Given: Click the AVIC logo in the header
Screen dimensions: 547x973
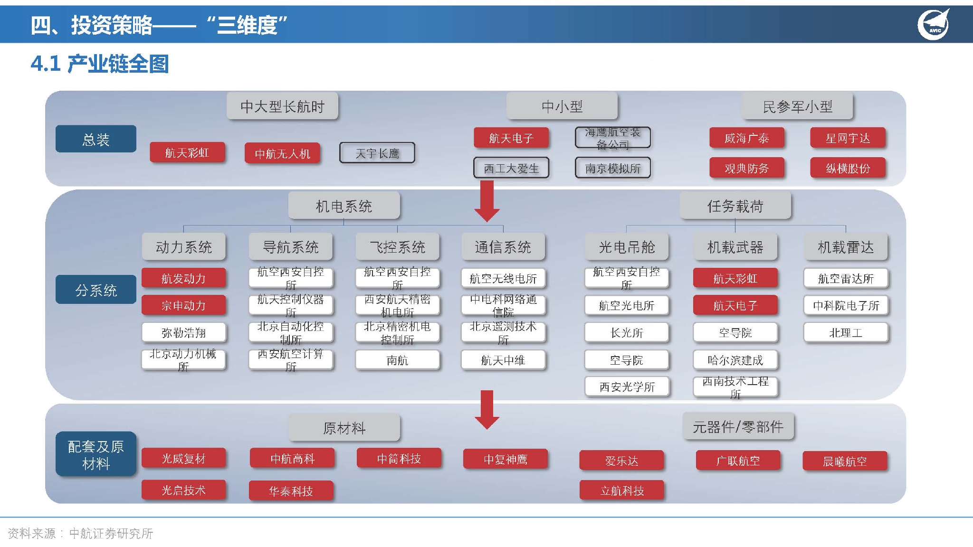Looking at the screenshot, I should [x=933, y=24].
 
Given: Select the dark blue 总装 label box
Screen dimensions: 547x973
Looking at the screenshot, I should [x=96, y=139].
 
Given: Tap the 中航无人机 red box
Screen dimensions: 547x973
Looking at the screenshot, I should [x=282, y=153].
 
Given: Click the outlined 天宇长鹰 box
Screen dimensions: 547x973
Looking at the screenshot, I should [x=377, y=153].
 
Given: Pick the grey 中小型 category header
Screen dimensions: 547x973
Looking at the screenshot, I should [x=562, y=106].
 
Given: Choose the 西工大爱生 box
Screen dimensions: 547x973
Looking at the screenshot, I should [x=511, y=168].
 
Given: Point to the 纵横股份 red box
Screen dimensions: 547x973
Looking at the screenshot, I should [x=848, y=168].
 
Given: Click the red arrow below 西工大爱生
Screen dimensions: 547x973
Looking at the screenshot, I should [x=487, y=202].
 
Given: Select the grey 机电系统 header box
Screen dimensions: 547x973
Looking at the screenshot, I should [x=344, y=206].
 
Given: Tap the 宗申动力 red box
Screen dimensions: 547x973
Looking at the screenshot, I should [x=183, y=305].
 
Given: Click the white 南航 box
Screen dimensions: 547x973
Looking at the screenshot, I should [x=397, y=360].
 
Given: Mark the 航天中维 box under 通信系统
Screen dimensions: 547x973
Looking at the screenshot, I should [x=503, y=360].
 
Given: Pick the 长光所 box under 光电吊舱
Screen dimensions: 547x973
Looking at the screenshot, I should [x=627, y=333].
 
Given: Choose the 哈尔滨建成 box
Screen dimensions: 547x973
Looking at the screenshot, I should [x=735, y=360].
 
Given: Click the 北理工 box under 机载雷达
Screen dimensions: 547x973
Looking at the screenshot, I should [x=846, y=333].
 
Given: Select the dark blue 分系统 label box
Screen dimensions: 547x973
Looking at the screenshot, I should [x=96, y=290].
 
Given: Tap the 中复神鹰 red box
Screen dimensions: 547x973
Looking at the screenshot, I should [x=506, y=459].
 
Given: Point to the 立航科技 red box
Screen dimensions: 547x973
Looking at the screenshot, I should [x=622, y=490].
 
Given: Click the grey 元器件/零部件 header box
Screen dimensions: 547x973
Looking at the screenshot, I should [x=738, y=427].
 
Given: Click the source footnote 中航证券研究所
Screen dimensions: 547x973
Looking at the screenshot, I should [x=111, y=534].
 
